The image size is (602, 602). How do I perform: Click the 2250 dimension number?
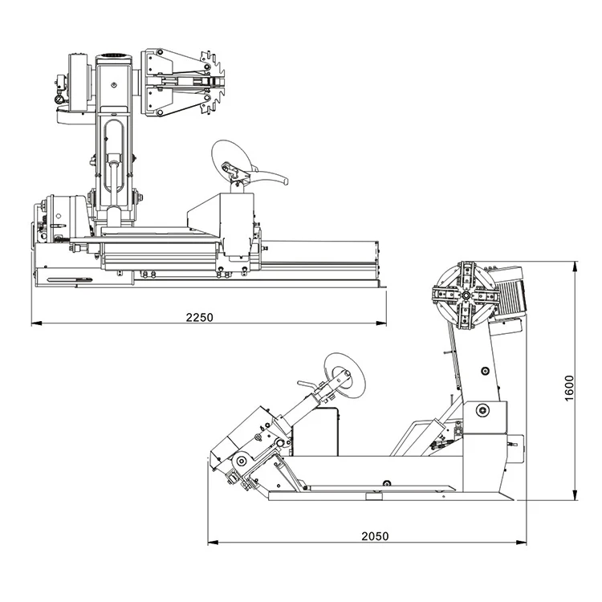tap(200, 317)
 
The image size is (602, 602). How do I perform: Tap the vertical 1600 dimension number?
tap(569, 388)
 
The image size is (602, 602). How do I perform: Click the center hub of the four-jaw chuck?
tap(465, 295)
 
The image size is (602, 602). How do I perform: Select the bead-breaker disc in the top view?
tap(231, 158)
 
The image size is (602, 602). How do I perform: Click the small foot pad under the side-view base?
tap(374, 498)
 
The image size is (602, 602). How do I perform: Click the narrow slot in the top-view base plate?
tap(68, 280)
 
